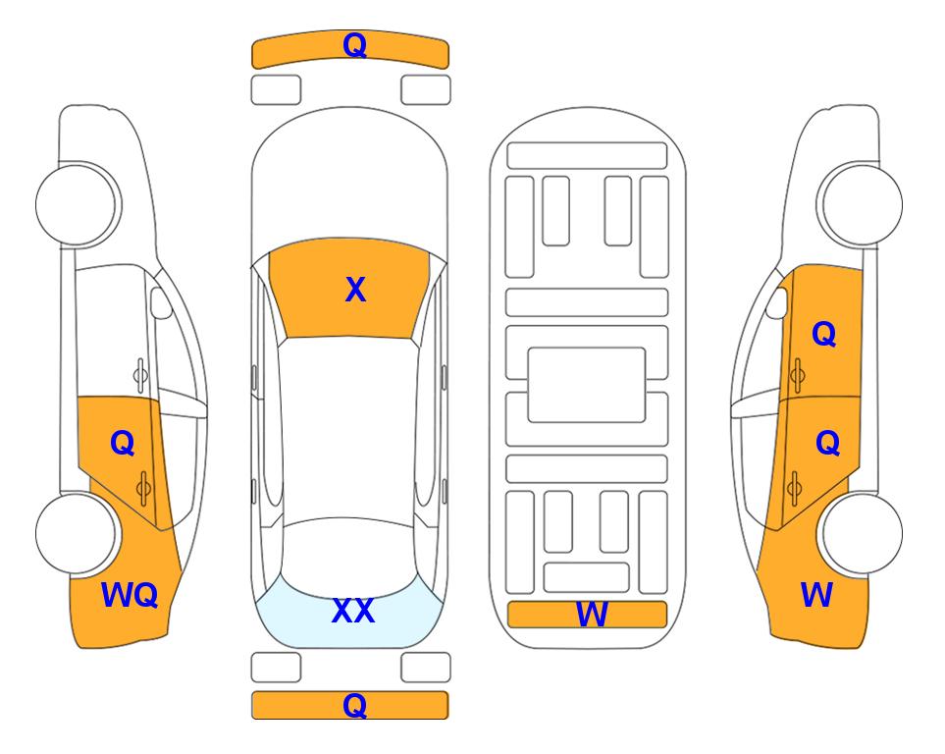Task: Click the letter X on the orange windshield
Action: pos(355,290)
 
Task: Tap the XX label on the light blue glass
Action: pos(353,611)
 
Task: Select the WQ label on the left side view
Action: pos(130,595)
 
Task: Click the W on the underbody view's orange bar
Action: pos(592,615)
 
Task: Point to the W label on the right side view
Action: pos(816,595)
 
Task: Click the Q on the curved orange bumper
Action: pos(354,44)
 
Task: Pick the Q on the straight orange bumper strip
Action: pos(354,705)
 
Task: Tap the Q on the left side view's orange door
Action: pos(123,444)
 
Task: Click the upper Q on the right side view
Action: pos(824,334)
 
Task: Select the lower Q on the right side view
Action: pos(827,444)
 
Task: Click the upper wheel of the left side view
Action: pos(77,204)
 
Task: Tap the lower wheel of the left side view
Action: pos(77,533)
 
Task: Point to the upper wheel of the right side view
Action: pos(862,204)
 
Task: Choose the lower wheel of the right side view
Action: pos(862,533)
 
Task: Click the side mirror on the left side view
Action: pos(161,302)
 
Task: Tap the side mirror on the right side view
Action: pos(777,302)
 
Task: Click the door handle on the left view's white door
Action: pos(140,375)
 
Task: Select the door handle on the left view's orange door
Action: pos(144,488)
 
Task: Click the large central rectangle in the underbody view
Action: pos(587,385)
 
